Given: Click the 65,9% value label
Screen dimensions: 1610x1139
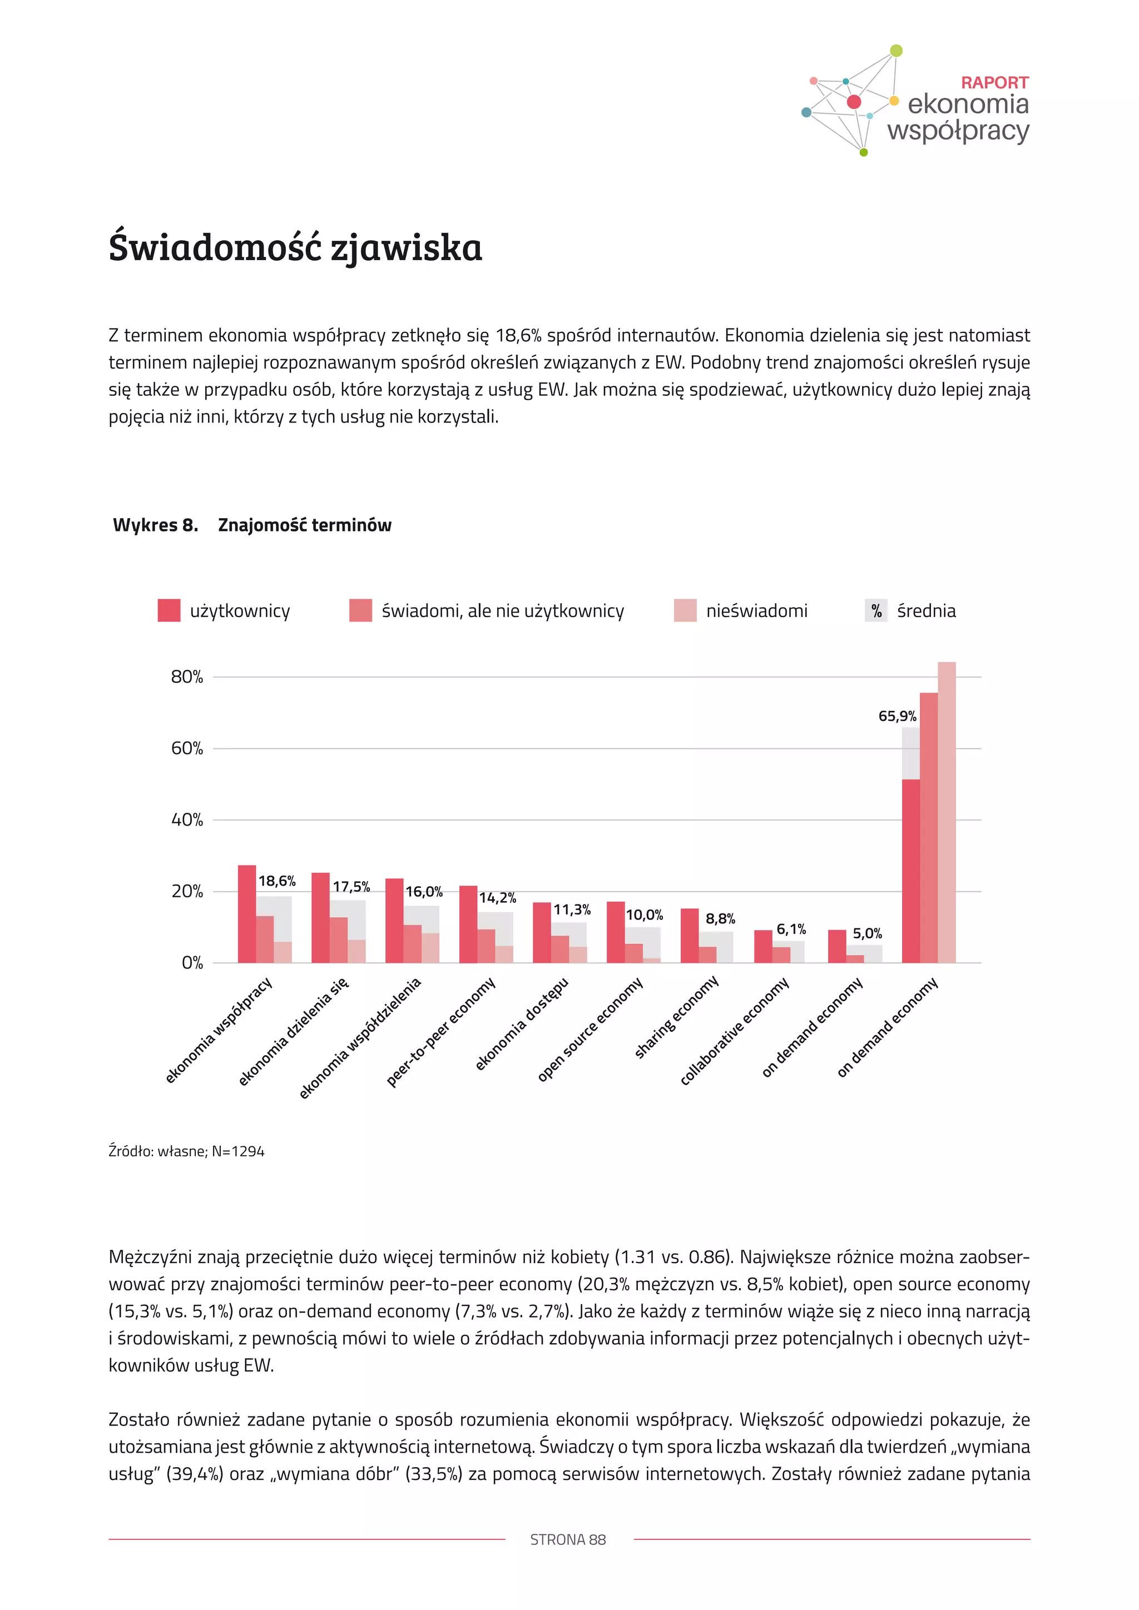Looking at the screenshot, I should pos(897,716).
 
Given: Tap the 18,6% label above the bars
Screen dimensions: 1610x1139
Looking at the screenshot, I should pos(277,881).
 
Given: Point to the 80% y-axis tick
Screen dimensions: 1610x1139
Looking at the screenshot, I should pos(186,677).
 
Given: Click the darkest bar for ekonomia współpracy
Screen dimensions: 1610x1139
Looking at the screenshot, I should pos(247,914).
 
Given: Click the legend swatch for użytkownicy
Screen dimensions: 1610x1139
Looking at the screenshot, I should pos(169,610).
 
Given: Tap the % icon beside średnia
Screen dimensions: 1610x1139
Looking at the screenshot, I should pos(876,611).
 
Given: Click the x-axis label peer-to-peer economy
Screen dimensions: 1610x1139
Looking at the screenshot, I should pos(442,1031).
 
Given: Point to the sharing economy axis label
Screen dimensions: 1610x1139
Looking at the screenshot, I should pos(677,1016).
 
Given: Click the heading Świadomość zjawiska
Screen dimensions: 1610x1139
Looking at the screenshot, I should pos(295,247).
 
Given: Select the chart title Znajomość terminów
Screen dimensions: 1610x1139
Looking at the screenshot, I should pos(304,525).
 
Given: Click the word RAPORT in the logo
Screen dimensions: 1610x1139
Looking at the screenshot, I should pos(994,83).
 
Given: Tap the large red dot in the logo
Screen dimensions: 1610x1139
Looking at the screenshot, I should pos(854,102).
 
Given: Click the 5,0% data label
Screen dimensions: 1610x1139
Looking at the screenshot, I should pos(867,933).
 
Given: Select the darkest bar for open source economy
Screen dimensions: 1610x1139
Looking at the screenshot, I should pos(616,932).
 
